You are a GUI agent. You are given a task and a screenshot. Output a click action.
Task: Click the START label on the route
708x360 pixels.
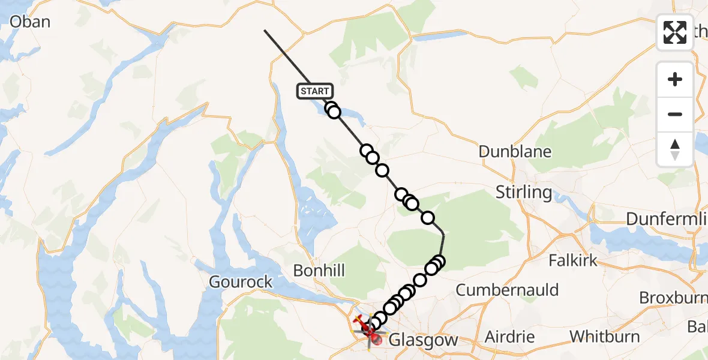314,91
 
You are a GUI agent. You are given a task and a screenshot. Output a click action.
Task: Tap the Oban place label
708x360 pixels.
29,22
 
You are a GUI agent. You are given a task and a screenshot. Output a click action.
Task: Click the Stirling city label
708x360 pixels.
524,193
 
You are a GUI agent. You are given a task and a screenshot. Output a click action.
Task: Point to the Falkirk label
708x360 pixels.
574,260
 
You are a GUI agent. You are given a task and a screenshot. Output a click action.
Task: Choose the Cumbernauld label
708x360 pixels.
507,290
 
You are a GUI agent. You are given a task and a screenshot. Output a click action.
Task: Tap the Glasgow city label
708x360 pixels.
423,341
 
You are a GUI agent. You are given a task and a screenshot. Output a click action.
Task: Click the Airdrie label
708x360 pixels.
509,336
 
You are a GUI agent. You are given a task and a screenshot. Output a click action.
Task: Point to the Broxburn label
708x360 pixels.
673,298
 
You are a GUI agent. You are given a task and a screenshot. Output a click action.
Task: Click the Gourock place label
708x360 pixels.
241,282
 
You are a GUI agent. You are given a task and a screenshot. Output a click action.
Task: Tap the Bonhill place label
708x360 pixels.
319,271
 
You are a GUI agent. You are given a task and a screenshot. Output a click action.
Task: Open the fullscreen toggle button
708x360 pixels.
675,32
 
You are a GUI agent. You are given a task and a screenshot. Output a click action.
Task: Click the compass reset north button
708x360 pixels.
675,149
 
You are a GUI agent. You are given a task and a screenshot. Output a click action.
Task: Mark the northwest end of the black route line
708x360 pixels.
265,30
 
